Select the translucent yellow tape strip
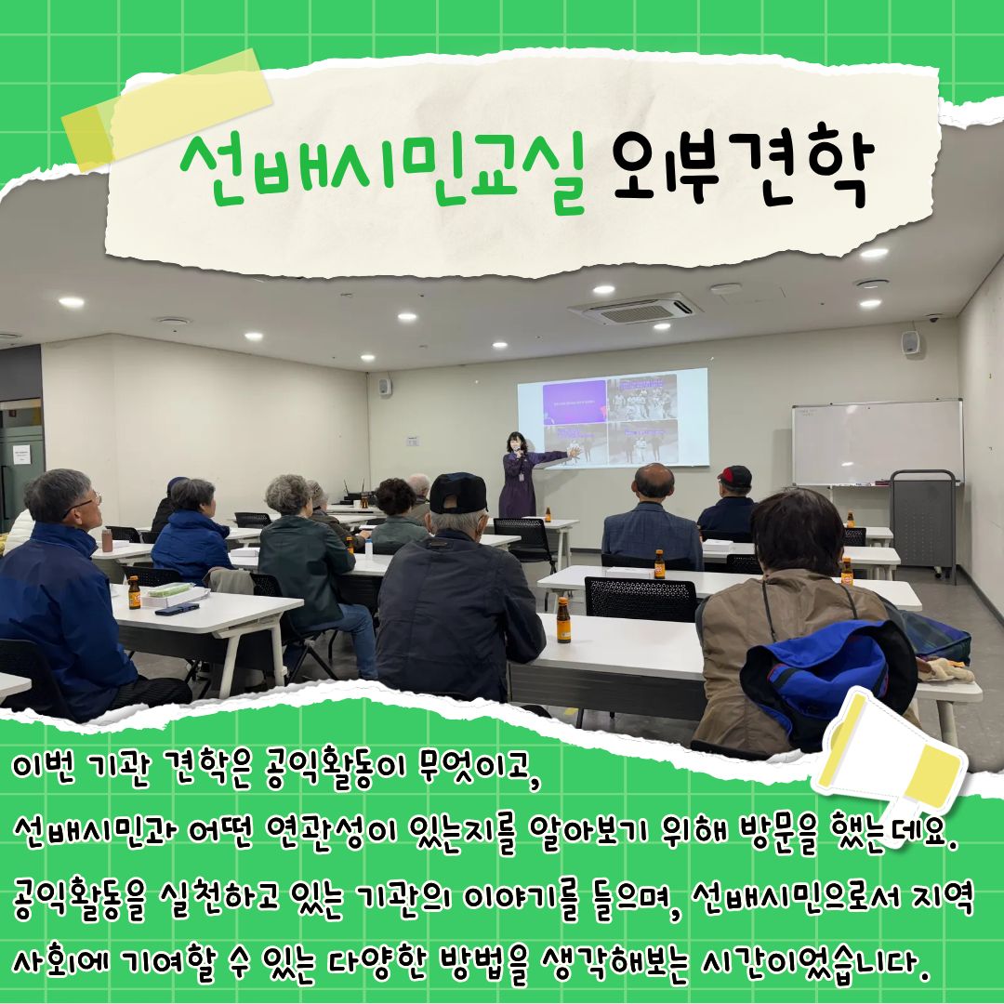click(167, 110)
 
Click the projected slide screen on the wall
click(613, 417)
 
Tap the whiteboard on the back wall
click(878, 442)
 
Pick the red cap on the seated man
click(735, 476)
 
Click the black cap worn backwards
click(457, 492)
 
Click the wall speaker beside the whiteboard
click(910, 343)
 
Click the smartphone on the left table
click(177, 609)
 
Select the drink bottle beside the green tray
click(134, 592)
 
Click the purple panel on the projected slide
click(575, 403)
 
